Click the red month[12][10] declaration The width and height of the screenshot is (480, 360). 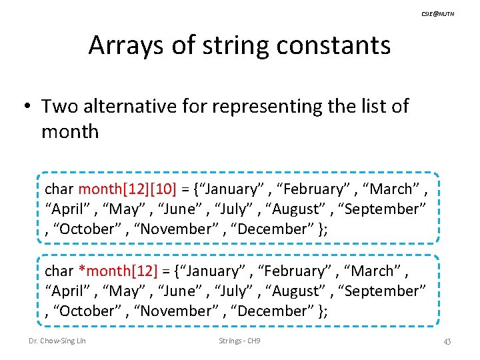click(126, 189)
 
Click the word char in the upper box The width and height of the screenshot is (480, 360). click(60, 189)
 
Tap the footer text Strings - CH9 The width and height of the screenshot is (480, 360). click(239, 341)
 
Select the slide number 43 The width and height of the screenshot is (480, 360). click(447, 341)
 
